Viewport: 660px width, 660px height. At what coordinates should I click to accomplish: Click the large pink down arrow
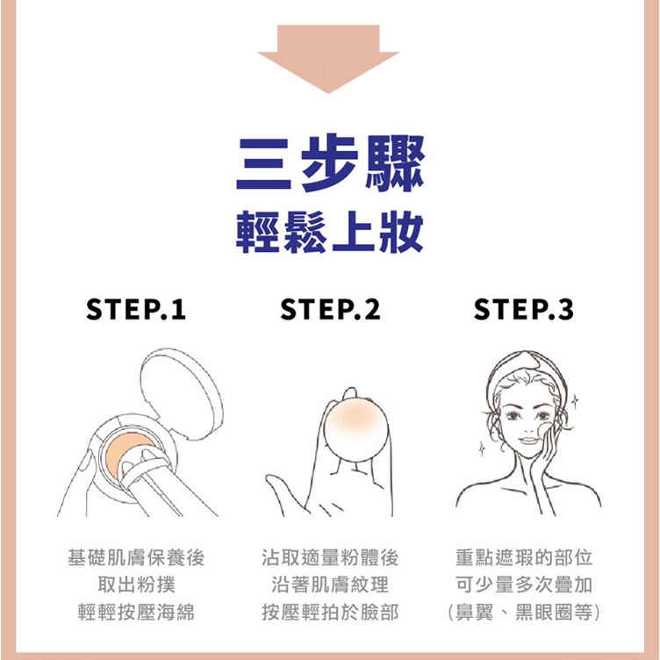pos(328,57)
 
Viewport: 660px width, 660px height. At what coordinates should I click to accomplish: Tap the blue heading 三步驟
pos(330,163)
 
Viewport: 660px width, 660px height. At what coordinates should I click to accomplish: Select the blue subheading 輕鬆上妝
pos(330,233)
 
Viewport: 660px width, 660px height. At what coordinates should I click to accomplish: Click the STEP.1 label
pos(135,309)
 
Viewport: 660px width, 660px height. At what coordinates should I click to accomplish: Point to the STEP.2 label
pos(330,309)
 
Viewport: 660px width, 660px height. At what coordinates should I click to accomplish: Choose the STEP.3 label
pos(524,309)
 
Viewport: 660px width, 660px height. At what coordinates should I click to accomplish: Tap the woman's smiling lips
pos(528,441)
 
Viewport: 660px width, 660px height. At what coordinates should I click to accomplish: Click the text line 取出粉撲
pos(136,585)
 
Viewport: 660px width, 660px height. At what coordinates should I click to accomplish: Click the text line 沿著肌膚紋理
pos(330,585)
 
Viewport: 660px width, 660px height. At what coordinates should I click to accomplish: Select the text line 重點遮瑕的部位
pos(524,557)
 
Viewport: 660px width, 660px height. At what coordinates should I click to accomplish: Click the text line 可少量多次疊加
pos(524,585)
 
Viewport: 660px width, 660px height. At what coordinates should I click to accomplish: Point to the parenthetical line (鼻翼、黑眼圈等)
pos(524,612)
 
